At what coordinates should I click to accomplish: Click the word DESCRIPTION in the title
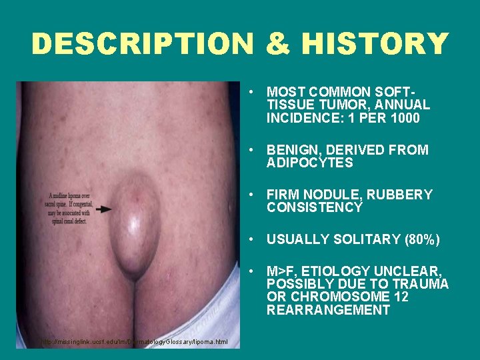click(x=141, y=45)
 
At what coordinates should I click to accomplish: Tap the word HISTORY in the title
click(x=375, y=45)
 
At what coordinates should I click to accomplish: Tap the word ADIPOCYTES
click(x=310, y=163)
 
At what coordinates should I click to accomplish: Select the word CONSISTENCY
click(x=315, y=208)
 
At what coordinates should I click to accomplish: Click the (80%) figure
click(x=421, y=239)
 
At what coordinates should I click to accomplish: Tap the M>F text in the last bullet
click(x=281, y=271)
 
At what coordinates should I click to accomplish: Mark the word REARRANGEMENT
click(x=328, y=311)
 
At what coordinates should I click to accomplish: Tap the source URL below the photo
click(x=134, y=342)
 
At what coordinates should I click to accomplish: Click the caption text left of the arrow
click(x=69, y=208)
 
